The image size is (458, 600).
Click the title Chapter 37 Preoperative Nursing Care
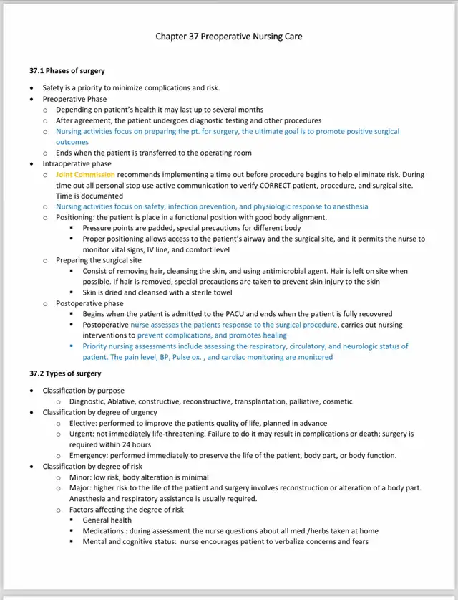click(x=228, y=37)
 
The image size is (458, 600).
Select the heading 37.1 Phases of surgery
click(x=67, y=71)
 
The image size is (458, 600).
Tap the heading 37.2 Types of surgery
click(x=65, y=374)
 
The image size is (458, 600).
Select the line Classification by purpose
click(x=83, y=391)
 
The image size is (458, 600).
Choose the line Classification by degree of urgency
click(x=99, y=412)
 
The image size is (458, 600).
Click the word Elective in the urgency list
click(x=82, y=424)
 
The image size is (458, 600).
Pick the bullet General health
click(x=107, y=520)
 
